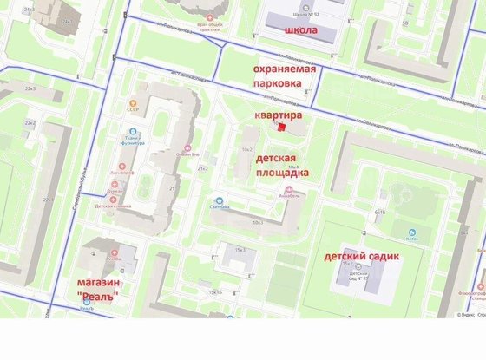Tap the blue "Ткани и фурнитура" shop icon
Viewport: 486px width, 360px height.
coord(134,132)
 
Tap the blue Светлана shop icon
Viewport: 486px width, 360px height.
coord(219,198)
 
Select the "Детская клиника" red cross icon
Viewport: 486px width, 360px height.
coord(113,199)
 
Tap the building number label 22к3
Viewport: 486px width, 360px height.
coord(30,88)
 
